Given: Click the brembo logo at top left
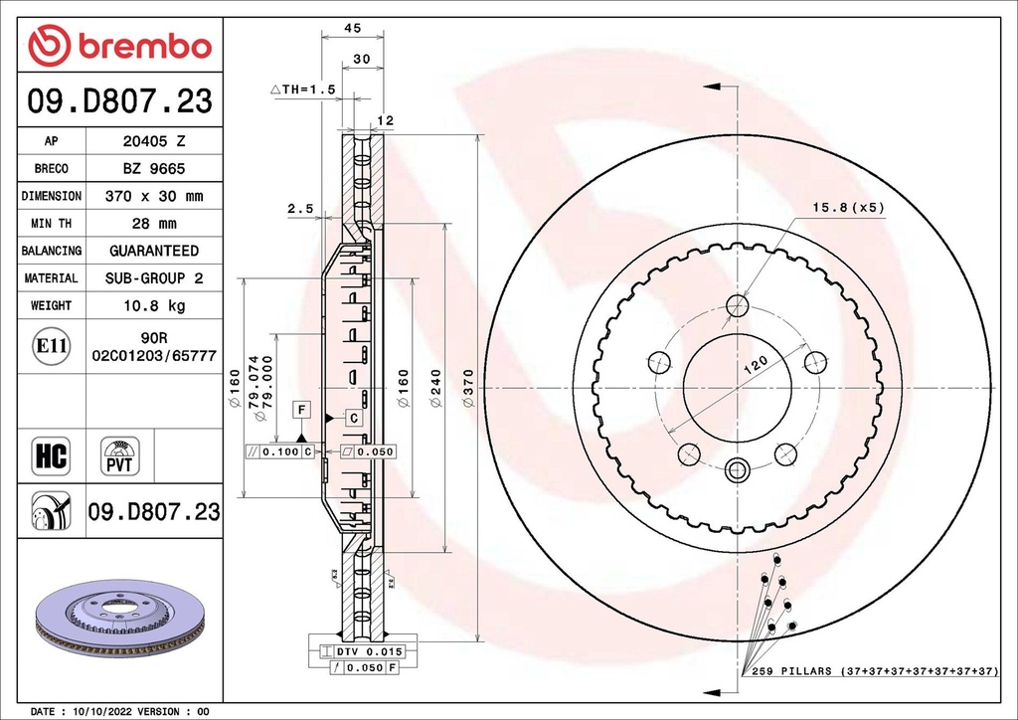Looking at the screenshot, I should click(x=119, y=45).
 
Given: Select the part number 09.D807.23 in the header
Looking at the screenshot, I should click(x=119, y=101).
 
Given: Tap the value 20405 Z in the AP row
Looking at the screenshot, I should click(x=153, y=142).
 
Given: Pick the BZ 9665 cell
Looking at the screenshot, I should click(x=153, y=169).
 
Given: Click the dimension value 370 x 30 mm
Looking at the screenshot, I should click(x=153, y=196).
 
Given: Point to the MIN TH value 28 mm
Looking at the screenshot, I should click(x=153, y=224).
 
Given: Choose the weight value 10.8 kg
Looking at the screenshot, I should click(x=153, y=305).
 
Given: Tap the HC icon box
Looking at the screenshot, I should click(x=51, y=455).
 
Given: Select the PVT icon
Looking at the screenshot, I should click(x=119, y=455).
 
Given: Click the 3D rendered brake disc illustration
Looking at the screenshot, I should click(x=119, y=617).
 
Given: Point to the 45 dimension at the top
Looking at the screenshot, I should click(x=351, y=29).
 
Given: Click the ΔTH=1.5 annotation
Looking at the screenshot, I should click(x=303, y=90).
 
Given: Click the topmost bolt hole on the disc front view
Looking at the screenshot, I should click(x=737, y=305).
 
